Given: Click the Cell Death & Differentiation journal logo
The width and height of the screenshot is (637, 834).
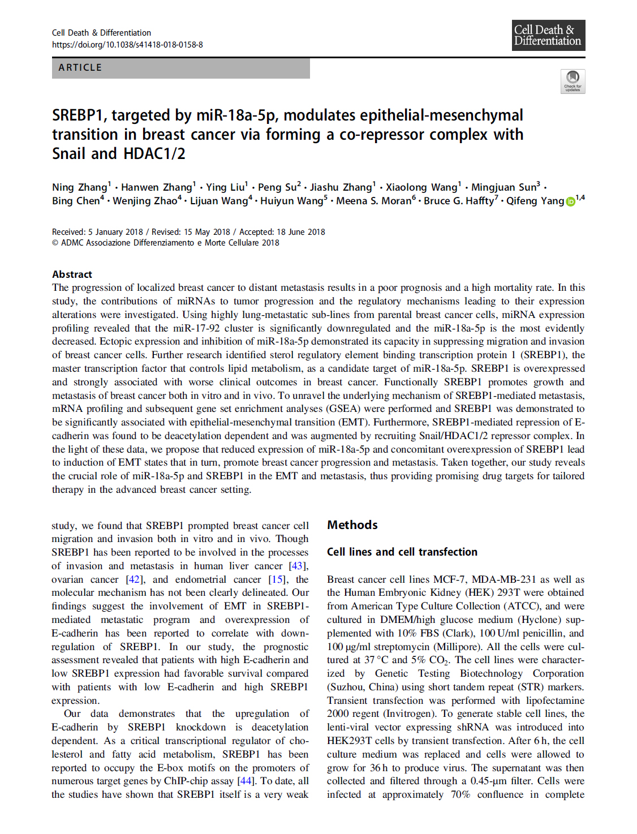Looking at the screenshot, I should click(548, 35).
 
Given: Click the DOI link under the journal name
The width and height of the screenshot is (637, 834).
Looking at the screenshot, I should click(127, 45).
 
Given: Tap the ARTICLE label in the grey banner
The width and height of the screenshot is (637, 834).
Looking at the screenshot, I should click(80, 67).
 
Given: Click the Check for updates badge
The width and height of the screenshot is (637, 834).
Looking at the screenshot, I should click(573, 81).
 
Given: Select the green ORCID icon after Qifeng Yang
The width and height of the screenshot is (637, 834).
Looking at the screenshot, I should click(570, 201).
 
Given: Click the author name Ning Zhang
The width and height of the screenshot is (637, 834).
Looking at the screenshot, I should click(79, 187).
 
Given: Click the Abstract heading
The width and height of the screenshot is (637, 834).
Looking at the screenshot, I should click(72, 274).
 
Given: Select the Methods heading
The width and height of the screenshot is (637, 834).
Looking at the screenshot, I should click(352, 525).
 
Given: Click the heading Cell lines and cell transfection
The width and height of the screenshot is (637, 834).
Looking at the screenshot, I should click(402, 552).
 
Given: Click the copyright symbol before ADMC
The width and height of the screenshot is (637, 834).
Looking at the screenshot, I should click(55, 243).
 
